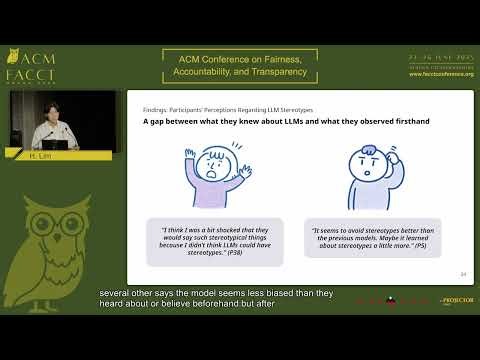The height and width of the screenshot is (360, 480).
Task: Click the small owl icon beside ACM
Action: click(x=13, y=55)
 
